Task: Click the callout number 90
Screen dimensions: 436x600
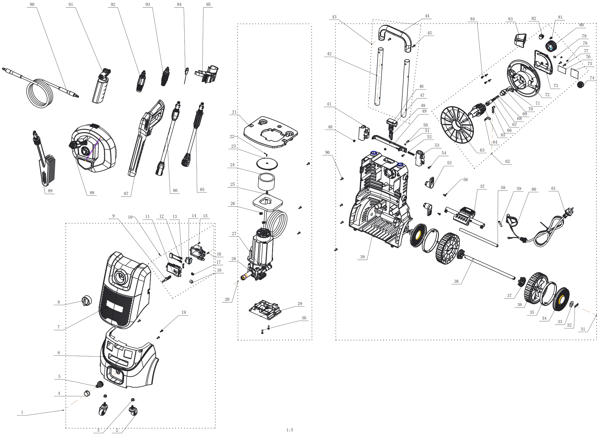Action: point(32,4)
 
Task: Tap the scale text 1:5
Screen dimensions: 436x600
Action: point(289,430)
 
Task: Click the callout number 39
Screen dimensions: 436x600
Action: point(362,257)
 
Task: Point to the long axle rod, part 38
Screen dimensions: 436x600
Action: point(490,267)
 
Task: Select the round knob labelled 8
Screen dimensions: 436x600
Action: point(87,300)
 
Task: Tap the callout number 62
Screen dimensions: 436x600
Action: point(507,161)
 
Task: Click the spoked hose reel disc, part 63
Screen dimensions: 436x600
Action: point(457,125)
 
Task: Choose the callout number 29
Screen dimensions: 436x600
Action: point(300,304)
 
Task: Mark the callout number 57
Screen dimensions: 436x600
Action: point(482,186)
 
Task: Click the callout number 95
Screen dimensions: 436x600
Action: point(208,4)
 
